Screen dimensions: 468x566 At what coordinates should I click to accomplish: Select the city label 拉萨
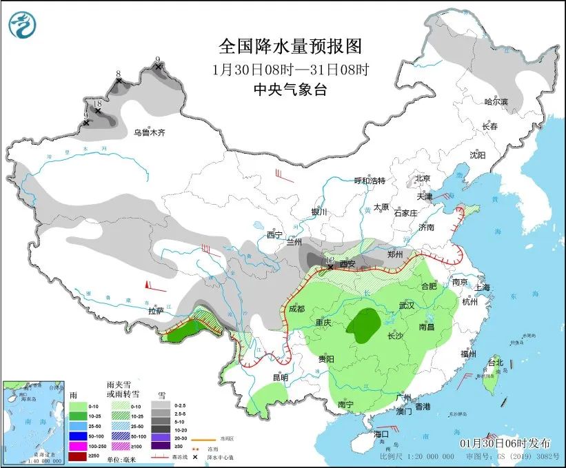pyautogui.click(x=156, y=311)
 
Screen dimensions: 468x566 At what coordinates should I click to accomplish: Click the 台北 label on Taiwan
pyautogui.click(x=496, y=362)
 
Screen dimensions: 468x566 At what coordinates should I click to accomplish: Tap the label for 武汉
pyautogui.click(x=407, y=305)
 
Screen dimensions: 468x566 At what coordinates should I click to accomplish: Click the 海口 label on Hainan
pyautogui.click(x=382, y=434)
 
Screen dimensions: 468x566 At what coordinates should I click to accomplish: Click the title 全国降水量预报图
pyautogui.click(x=290, y=46)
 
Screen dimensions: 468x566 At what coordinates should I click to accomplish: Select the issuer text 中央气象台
pyautogui.click(x=290, y=89)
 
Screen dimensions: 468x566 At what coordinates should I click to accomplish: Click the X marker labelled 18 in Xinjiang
pyautogui.click(x=98, y=110)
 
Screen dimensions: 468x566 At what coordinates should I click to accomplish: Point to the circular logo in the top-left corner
pyautogui.click(x=23, y=26)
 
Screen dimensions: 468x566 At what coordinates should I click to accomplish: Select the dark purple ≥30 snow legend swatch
pyautogui.click(x=161, y=446)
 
